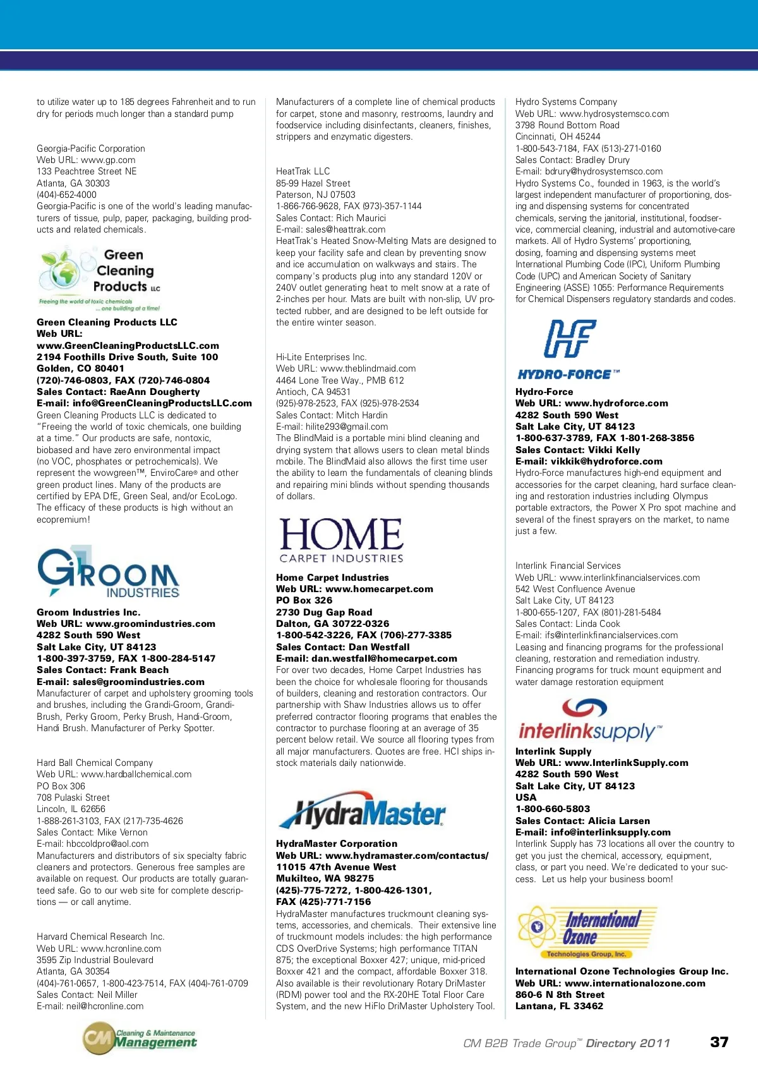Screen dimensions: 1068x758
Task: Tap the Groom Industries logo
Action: (x=108, y=573)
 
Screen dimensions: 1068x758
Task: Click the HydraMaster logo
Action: (x=362, y=813)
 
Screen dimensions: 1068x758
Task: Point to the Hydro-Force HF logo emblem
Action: (x=570, y=339)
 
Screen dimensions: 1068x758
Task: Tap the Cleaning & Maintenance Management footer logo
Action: (x=140, y=1039)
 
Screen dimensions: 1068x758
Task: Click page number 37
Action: (x=719, y=1042)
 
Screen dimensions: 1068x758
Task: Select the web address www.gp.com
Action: (x=108, y=160)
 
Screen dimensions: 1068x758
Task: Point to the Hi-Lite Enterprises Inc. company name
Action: (x=321, y=357)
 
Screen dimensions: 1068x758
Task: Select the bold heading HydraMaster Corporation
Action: (x=337, y=844)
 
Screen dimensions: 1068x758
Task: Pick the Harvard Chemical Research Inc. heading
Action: (x=100, y=937)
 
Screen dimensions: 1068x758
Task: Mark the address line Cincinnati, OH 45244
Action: (x=558, y=137)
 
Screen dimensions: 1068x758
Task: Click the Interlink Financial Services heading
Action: (x=568, y=566)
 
